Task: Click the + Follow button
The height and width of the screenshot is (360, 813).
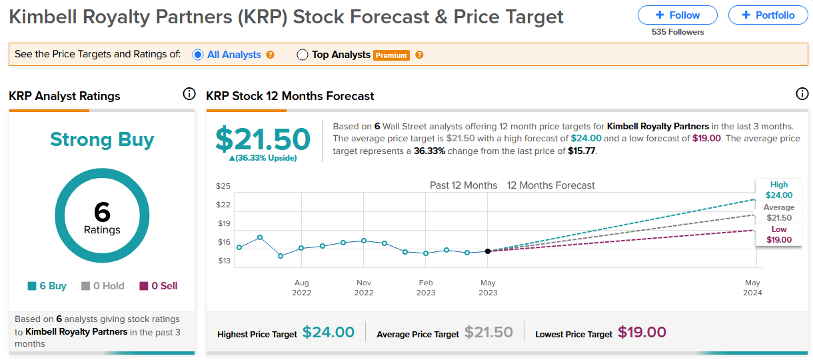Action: tap(677, 15)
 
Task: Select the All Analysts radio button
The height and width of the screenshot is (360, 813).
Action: tap(198, 55)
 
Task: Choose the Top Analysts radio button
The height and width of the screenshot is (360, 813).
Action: tap(303, 55)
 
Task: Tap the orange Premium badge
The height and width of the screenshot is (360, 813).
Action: tap(391, 55)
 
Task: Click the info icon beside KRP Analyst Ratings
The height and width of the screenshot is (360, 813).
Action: tap(189, 94)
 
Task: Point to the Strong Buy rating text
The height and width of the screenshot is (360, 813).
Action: tap(102, 139)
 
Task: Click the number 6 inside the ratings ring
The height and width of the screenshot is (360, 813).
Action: tap(102, 211)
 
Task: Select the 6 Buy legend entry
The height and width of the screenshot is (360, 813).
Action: tap(47, 286)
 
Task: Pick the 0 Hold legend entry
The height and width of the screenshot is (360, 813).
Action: tap(103, 286)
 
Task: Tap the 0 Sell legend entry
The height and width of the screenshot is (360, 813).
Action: tap(159, 286)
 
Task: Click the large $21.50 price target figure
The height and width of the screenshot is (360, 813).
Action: tap(263, 139)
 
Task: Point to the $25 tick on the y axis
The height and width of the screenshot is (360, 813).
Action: tap(223, 186)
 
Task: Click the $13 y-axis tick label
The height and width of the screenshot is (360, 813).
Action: tap(224, 261)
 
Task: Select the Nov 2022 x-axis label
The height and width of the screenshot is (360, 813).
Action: tap(364, 288)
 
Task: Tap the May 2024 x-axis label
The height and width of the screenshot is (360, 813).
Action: tap(752, 288)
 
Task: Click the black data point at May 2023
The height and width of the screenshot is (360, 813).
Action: tap(488, 251)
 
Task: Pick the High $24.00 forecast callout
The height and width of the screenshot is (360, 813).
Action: tap(779, 189)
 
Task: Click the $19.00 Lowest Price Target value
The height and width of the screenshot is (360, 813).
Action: tap(642, 332)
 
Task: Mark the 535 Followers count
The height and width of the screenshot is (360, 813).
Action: tap(678, 32)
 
